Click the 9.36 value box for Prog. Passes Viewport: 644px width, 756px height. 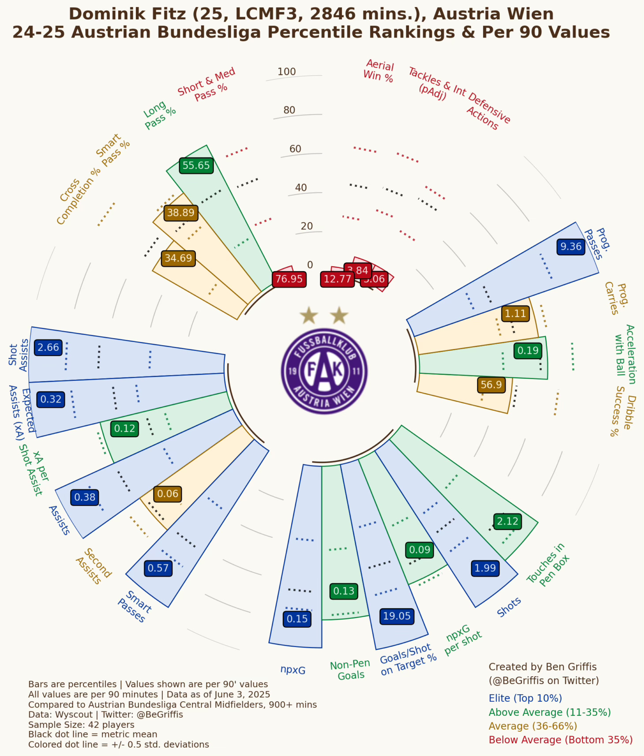tap(571, 246)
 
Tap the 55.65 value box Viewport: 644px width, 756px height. tap(196, 165)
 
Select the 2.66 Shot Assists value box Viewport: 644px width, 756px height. tap(48, 347)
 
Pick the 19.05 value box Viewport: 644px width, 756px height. tap(397, 616)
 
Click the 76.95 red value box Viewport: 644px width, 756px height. tap(289, 279)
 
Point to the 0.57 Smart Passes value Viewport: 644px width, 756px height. tap(158, 568)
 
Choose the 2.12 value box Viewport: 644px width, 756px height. tap(507, 521)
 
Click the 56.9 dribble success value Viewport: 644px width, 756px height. tap(491, 385)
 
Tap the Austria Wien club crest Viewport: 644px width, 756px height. tap(324, 371)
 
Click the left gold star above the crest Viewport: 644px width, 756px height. tap(309, 316)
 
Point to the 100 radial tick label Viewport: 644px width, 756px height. tap(287, 72)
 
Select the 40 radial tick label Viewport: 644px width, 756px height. tap(301, 188)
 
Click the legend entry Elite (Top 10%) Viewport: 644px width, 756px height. tap(525, 698)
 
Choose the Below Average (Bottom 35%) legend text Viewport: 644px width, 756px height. tap(561, 740)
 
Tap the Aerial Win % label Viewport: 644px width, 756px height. tap(379, 71)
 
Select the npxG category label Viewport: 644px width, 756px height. tap(293, 670)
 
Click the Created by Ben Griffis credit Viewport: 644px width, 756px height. tap(543, 667)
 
